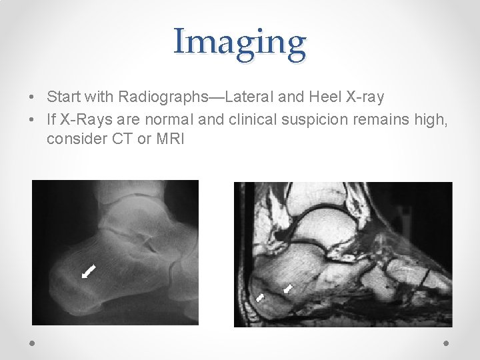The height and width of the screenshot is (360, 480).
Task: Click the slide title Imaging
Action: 240,41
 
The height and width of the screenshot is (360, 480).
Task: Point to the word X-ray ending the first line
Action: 365,97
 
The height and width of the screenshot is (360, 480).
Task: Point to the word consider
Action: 74,139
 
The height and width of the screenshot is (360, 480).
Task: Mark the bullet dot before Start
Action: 33,97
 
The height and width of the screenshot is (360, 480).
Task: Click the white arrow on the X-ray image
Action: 88,271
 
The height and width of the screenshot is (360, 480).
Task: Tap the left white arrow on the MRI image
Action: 261,297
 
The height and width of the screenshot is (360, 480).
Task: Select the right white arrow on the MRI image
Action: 288,289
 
